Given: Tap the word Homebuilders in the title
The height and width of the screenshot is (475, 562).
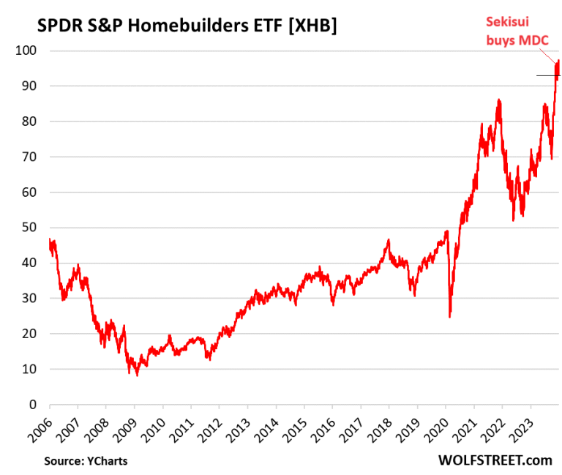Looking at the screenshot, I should [x=198, y=26].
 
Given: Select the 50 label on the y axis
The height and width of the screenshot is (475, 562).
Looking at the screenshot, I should [x=32, y=228].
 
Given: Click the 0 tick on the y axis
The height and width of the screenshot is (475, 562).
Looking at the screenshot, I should [x=35, y=405].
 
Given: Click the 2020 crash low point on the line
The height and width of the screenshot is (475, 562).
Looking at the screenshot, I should [x=450, y=316].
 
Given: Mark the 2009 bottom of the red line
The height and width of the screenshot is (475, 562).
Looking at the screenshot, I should [x=137, y=375].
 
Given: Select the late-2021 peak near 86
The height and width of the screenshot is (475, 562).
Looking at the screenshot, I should [x=498, y=100].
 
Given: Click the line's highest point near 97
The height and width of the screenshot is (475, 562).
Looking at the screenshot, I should [x=558, y=61].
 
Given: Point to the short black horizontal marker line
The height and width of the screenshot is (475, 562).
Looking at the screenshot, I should [x=545, y=75].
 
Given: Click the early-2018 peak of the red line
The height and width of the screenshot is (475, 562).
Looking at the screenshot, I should [x=389, y=239].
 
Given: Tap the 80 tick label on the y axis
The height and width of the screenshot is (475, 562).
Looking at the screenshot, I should [x=32, y=121].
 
